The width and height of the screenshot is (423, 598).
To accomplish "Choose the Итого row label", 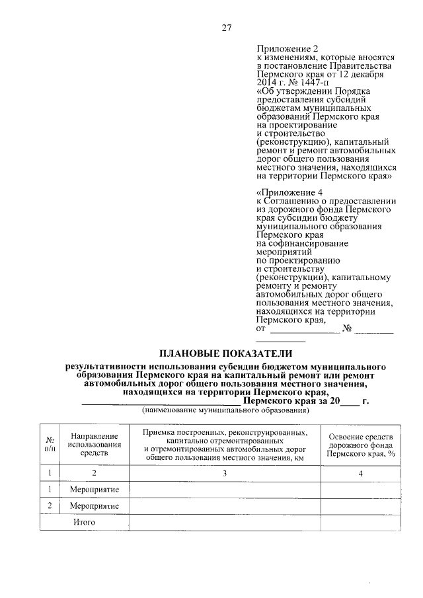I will pos(85,522).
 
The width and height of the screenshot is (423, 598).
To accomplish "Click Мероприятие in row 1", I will pos(94,489).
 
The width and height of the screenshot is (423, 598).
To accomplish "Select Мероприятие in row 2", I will pos(94,505).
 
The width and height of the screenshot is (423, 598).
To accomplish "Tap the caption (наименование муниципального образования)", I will pos(226,410).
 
